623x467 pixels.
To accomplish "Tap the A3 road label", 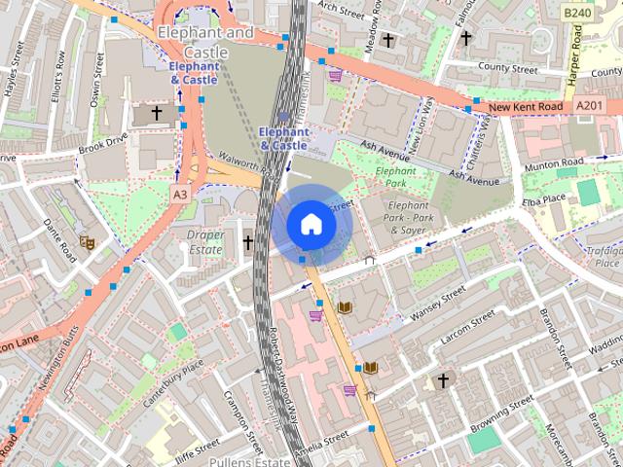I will coord(180,195).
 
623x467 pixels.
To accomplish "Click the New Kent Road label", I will coord(525,105).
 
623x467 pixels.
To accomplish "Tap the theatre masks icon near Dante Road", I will coord(87,242).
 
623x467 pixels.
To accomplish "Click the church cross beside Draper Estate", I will coord(247,241).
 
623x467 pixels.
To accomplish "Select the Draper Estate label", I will coord(205,242).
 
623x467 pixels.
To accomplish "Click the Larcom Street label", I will coord(468,324).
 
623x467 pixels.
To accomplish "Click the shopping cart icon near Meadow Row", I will coord(335,75).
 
